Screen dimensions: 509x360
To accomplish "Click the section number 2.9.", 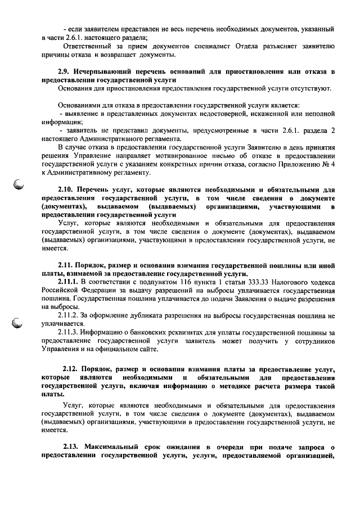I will (65, 73).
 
